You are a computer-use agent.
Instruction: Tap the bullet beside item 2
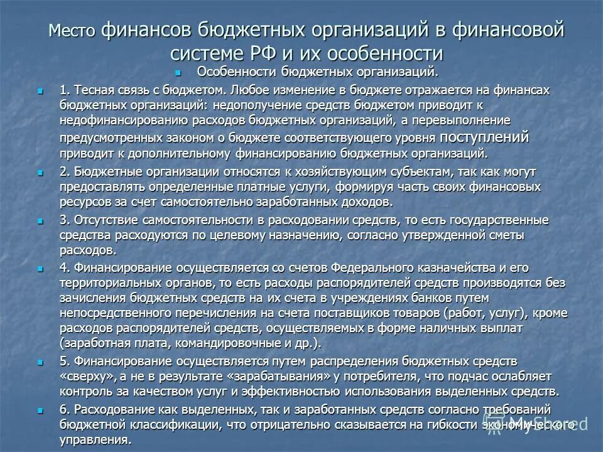pos(41,171)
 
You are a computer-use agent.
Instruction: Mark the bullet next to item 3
pos(41,220)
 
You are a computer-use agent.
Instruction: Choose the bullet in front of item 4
pos(41,267)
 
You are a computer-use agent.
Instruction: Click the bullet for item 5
pos(41,362)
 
